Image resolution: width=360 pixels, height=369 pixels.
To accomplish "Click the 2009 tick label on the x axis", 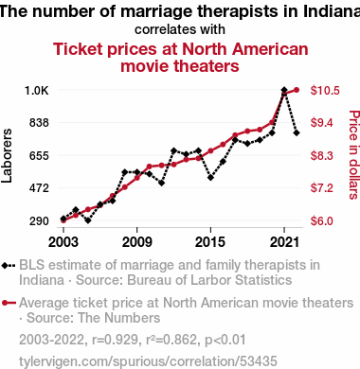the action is point(136,242).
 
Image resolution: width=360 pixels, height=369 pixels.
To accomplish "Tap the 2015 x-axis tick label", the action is point(210,242).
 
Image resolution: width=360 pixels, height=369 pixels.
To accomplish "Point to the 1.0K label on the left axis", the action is point(37,91).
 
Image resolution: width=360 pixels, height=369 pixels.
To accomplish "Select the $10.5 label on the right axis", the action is point(325,91).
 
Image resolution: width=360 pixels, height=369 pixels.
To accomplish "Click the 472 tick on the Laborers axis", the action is point(39,188).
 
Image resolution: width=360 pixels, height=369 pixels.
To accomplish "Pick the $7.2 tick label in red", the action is point(322,188).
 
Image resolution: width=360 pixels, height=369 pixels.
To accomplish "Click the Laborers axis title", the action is point(7,155).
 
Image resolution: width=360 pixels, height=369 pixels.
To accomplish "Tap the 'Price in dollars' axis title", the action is point(354,154).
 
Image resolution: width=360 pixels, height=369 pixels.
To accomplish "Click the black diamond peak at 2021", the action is point(284,90).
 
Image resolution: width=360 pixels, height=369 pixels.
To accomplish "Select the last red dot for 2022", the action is point(297,90).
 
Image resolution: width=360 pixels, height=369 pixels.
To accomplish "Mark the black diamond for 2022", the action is point(297,133).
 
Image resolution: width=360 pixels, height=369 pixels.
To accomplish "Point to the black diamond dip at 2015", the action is point(210,178).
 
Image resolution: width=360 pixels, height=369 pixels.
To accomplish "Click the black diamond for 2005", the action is point(88,220).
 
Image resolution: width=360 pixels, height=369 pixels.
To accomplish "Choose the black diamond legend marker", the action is point(9,266).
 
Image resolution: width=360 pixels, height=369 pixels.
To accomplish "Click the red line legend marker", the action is point(9,303).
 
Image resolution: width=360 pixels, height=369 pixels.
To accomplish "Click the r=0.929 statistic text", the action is point(115,340).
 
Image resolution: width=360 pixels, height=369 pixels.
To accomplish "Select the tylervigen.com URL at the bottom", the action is point(148,361).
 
